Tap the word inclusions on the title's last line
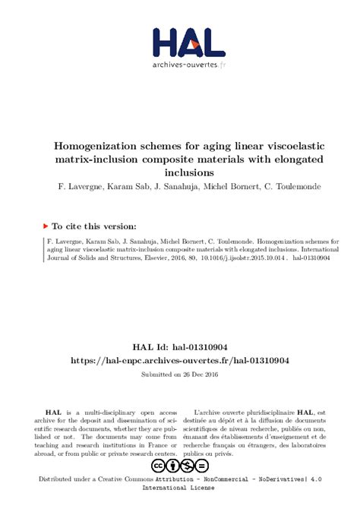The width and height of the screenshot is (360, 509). click(x=180, y=172)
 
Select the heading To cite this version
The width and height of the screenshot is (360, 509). click(x=94, y=226)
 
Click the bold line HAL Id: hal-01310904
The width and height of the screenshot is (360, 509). click(x=180, y=346)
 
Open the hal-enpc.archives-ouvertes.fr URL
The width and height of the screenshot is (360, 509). click(x=180, y=360)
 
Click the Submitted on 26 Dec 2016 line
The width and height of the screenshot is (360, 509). click(x=180, y=375)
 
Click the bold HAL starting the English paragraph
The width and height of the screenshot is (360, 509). click(x=52, y=411)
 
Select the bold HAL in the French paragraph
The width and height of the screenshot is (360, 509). click(x=307, y=411)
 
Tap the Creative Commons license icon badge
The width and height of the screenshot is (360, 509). click(x=180, y=466)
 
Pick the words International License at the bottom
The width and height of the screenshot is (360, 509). click(x=180, y=491)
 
